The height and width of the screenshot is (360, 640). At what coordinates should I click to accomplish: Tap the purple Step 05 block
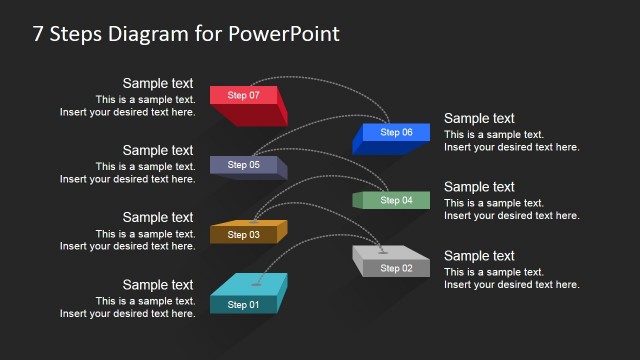244,165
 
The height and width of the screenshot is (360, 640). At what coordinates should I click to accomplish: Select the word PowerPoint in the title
285,34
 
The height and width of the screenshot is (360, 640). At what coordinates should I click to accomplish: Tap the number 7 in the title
39,34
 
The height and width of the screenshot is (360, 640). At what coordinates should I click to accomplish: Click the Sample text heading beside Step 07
158,84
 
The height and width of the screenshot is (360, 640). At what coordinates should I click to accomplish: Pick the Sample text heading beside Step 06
479,119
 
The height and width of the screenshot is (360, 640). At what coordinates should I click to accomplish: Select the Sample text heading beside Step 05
158,151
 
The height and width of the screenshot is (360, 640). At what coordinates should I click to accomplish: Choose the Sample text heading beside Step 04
479,187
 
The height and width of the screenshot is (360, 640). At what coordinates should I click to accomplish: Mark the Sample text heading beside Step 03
158,218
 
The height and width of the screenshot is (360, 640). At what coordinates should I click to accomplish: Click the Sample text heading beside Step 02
479,256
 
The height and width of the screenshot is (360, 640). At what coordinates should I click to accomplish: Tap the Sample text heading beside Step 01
158,285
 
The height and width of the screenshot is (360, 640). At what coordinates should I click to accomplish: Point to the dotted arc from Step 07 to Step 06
330,79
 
